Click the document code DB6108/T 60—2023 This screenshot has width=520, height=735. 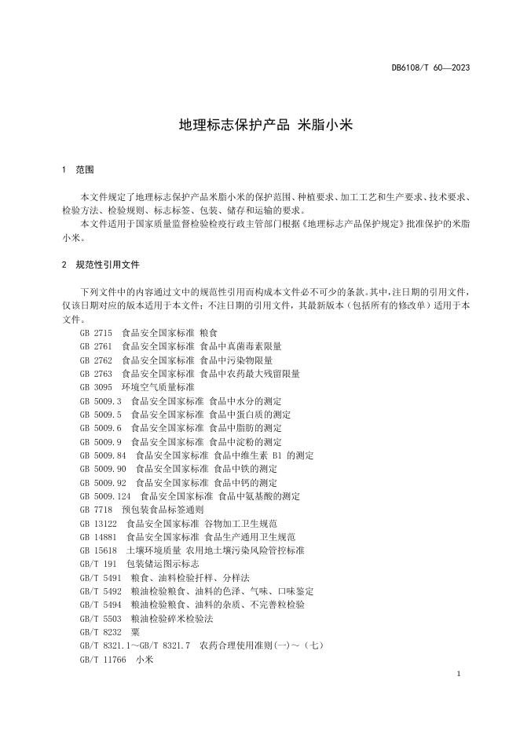430,68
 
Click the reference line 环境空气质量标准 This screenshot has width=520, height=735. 158,387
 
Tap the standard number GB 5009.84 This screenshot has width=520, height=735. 104,455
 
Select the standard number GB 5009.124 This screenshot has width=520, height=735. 106,496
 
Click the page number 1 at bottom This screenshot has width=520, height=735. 457,675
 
